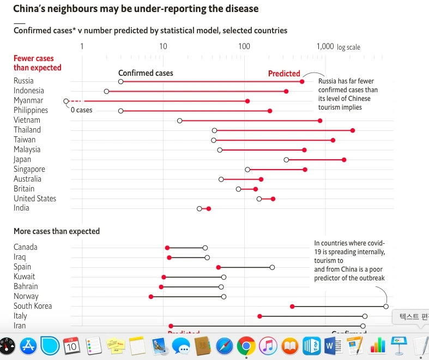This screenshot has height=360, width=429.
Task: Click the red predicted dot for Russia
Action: [x=302, y=81]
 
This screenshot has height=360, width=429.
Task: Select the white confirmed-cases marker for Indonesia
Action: [x=106, y=91]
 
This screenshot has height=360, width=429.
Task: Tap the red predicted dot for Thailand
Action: [x=353, y=130]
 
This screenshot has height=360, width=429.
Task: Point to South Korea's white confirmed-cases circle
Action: [x=386, y=307]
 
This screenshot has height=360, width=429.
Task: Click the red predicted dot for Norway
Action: [x=151, y=297]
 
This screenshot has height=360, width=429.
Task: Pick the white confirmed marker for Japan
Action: [x=286, y=160]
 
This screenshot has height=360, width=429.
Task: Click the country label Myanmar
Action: [x=28, y=100]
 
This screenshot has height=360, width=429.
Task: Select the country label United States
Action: [x=35, y=199]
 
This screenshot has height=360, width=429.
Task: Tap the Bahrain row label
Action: [x=26, y=286]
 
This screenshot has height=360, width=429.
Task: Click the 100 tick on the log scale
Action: [x=244, y=46]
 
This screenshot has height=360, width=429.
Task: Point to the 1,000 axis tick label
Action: [x=325, y=46]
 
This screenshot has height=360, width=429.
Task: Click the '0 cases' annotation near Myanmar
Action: [x=82, y=110]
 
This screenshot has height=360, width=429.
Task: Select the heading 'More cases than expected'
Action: [x=57, y=231]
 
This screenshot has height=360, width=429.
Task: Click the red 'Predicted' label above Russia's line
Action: [x=284, y=74]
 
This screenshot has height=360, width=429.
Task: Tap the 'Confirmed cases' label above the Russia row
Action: [x=146, y=73]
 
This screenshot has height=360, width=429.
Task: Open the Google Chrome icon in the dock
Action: [x=246, y=346]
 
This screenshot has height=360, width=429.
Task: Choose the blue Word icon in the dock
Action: [x=333, y=346]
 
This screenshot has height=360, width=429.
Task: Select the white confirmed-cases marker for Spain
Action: [x=272, y=267]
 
